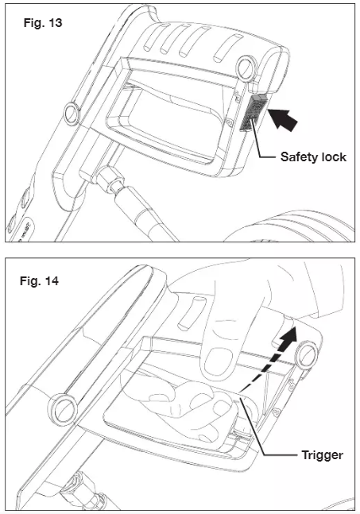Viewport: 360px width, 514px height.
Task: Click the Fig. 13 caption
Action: click(43, 23)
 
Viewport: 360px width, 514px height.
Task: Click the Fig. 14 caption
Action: click(39, 281)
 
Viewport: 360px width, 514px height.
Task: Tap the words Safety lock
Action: click(313, 157)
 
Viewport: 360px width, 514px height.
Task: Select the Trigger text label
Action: click(322, 455)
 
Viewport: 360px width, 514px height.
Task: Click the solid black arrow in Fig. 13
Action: click(283, 119)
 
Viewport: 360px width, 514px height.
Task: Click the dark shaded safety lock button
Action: click(252, 113)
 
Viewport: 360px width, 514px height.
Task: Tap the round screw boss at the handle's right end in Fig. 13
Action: click(246, 68)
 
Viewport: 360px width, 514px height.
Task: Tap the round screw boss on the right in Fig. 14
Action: click(307, 354)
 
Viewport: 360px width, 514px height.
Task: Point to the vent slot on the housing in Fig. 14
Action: click(192, 313)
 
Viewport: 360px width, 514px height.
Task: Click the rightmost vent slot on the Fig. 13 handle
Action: click(228, 48)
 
